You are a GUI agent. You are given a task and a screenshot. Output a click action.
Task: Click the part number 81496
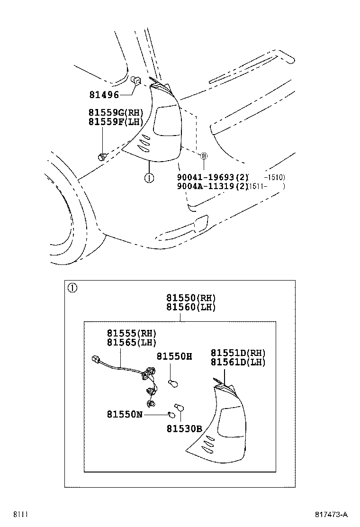[104, 95]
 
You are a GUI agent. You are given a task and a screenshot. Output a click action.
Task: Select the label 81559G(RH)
[115, 113]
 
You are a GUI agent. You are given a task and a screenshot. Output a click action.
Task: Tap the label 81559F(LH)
[115, 122]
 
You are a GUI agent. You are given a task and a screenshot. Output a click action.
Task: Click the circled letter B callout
[204, 156]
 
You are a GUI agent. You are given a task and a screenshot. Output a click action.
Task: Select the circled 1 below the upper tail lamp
[149, 178]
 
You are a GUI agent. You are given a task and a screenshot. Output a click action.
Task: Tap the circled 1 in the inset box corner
[72, 288]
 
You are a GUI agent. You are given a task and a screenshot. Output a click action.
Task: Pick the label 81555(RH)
[131, 333]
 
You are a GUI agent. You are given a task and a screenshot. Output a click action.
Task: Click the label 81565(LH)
[131, 342]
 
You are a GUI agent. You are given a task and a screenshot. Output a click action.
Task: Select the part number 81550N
[125, 414]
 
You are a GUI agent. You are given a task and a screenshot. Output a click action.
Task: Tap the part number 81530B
[184, 429]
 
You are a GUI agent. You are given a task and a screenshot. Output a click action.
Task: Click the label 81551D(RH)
[238, 353]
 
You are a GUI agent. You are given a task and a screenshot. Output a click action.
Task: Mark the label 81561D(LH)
[238, 362]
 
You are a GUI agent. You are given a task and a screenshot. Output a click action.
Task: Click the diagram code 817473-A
[331, 515]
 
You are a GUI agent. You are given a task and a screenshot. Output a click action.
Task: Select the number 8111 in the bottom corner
[20, 515]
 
